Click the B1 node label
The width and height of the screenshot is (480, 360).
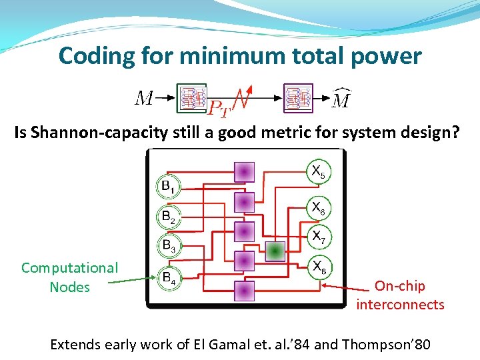coord(169,186)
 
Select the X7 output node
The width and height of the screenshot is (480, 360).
coord(318,237)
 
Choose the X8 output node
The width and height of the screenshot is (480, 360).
coord(318,268)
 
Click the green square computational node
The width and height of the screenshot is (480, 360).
coord(275,251)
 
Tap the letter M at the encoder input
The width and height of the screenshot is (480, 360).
coord(145,99)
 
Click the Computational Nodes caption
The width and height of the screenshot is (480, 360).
coord(69,277)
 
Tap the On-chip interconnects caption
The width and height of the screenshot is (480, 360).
coord(400,295)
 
